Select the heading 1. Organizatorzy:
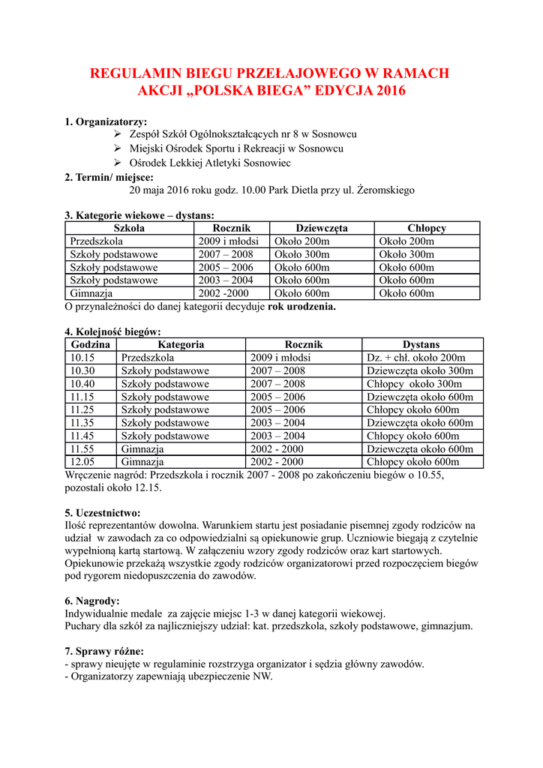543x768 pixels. tap(106, 121)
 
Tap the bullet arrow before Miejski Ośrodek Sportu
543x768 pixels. tap(118, 148)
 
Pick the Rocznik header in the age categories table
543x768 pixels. tap(231, 228)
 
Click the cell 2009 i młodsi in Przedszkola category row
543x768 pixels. tap(228, 241)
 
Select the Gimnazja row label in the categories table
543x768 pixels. tap(91, 293)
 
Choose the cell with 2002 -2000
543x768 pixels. tap(223, 293)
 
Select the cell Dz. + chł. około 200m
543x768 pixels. tap(415, 358)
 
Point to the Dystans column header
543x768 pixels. tap(421, 344)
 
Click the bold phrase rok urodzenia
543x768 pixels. tap(301, 307)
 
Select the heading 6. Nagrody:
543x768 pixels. tap(92, 601)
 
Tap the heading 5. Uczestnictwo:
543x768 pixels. tap(103, 512)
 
